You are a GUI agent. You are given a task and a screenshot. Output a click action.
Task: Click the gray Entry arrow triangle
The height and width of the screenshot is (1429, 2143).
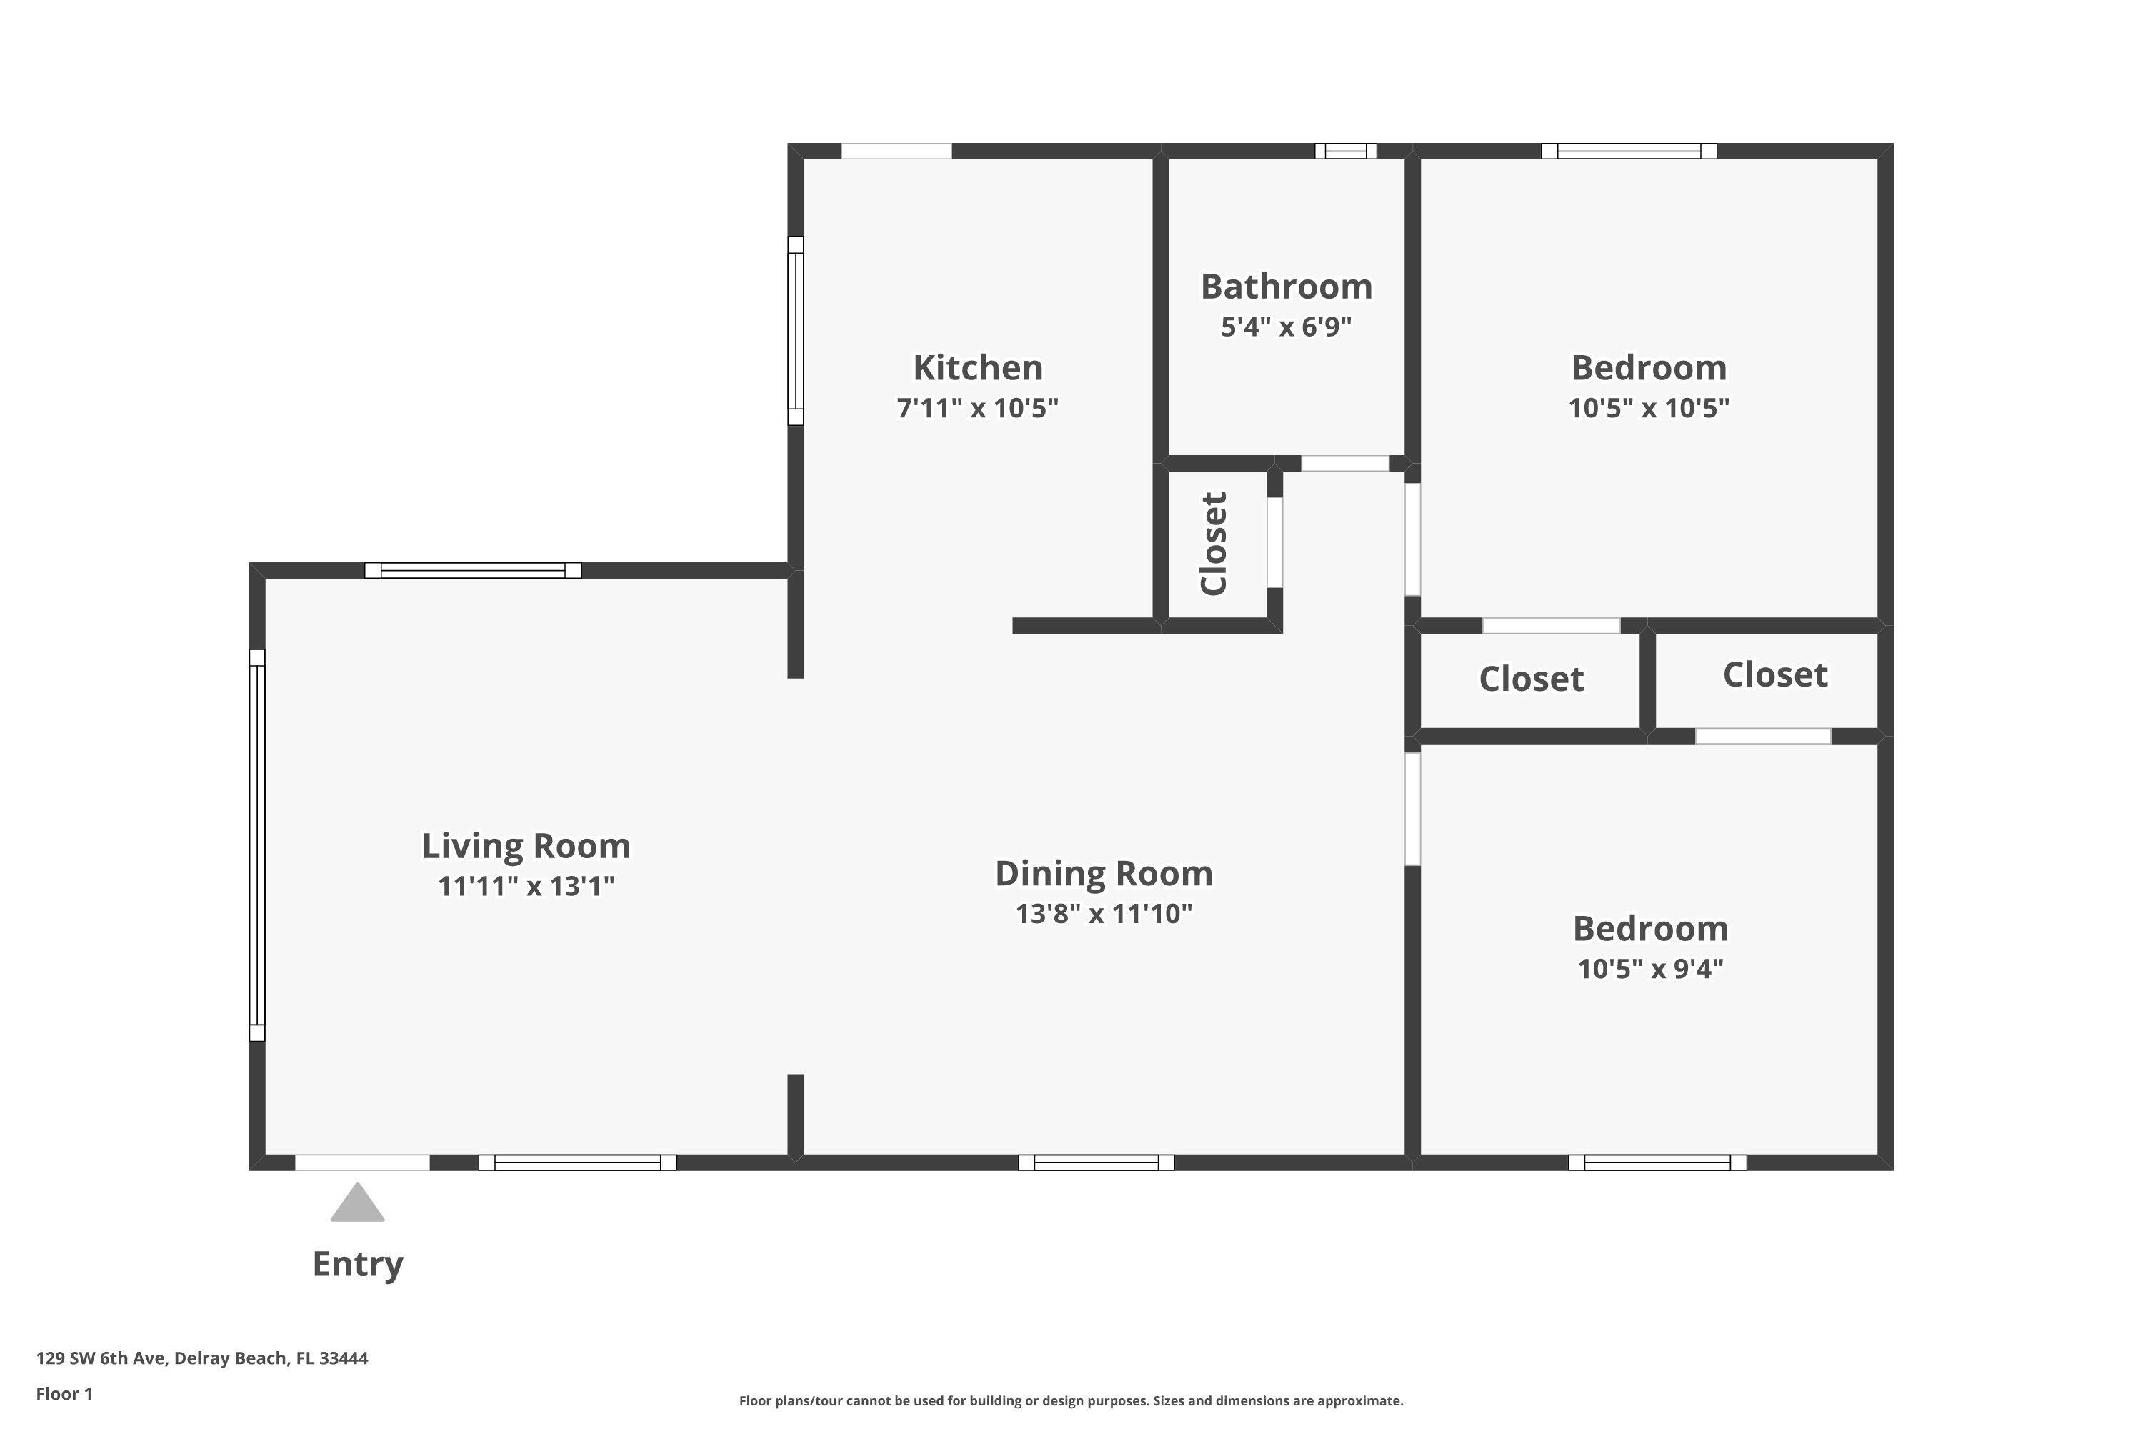tap(357, 1205)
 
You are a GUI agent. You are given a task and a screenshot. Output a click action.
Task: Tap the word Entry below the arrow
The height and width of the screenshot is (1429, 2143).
tap(357, 1264)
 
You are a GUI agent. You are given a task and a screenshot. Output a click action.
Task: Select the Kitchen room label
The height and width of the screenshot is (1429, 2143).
tap(978, 368)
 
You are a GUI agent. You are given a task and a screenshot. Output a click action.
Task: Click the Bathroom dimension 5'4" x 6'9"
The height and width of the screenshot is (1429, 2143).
tap(1286, 327)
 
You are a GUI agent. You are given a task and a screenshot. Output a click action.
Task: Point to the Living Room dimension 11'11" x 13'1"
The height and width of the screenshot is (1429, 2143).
tap(526, 886)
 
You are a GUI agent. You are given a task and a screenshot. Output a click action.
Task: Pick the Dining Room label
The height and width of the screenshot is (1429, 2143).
tap(1104, 873)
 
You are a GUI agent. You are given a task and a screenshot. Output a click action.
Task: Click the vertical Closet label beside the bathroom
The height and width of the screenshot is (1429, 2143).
tap(1214, 543)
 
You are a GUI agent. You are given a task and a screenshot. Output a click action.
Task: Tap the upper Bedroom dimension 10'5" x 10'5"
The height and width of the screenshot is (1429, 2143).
tap(1648, 407)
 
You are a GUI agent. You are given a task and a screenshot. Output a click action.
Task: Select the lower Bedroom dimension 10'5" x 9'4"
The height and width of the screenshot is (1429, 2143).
tap(1650, 968)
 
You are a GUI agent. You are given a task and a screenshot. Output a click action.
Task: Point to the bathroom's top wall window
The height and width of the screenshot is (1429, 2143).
tap(1345, 151)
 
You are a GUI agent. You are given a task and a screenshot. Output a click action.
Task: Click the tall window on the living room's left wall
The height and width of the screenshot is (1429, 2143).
tap(257, 845)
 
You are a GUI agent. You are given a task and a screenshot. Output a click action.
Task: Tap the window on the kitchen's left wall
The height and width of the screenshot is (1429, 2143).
tap(796, 331)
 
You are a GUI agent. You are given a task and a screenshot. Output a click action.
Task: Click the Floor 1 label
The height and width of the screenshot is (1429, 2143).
tap(64, 1393)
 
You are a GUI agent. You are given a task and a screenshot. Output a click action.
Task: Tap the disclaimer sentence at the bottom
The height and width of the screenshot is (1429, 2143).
tap(1071, 1400)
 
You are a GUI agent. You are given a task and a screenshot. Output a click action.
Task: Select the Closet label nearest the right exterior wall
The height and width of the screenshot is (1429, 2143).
tap(1774, 675)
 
